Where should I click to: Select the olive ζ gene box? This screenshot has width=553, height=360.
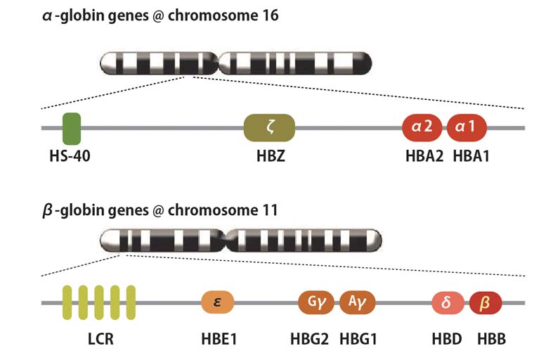[x=269, y=128]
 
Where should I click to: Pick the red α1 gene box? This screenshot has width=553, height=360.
[x=467, y=128]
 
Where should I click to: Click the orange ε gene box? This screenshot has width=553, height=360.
[x=218, y=302]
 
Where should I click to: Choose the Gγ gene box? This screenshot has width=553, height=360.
[x=316, y=302]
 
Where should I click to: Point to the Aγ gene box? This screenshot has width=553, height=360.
[x=358, y=302]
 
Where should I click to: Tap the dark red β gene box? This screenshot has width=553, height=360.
[x=486, y=302]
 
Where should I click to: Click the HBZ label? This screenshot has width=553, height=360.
[x=269, y=156]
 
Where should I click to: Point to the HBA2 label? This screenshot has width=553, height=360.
[x=424, y=156]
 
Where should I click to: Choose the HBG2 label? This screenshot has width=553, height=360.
[x=309, y=340]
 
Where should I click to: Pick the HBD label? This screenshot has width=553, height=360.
[x=448, y=340]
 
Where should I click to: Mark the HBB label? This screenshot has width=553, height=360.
[x=491, y=340]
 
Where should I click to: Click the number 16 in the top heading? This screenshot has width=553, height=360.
[x=269, y=15]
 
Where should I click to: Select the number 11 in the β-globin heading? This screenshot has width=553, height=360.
[x=269, y=210]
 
